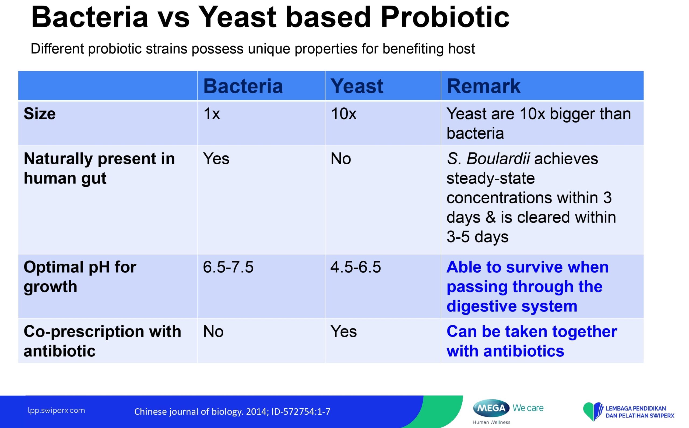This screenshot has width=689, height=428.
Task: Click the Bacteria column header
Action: tap(243, 86)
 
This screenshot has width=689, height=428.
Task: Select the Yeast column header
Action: tap(357, 86)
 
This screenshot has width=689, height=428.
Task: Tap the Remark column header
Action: tap(483, 86)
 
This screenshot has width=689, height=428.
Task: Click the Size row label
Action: tap(40, 114)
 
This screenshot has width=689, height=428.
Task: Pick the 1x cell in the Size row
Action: tap(212, 114)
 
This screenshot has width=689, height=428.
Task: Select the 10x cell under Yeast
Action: tap(343, 114)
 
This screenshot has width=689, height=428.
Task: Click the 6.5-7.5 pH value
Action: tap(228, 267)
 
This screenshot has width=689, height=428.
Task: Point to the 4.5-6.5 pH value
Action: tap(356, 267)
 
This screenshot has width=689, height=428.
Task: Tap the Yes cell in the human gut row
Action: tap(216, 158)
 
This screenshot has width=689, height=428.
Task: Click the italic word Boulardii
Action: tap(498, 158)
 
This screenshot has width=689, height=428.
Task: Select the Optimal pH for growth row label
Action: tap(80, 277)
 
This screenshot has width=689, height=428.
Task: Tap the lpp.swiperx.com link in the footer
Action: tap(56, 411)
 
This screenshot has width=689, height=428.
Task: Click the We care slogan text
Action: tap(528, 408)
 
